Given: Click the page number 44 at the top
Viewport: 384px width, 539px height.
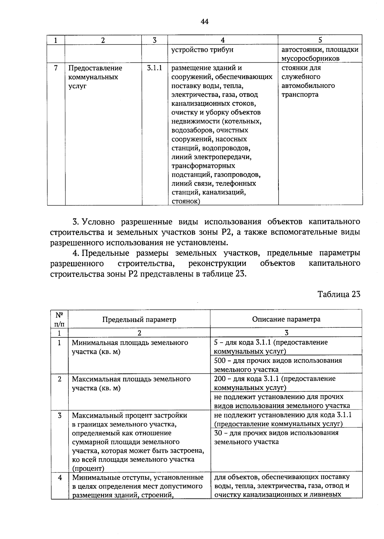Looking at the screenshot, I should pos(204,21).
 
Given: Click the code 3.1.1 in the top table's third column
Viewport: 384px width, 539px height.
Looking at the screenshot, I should pos(155,68).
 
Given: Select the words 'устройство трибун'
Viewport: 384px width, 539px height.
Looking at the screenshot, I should pos(202,50).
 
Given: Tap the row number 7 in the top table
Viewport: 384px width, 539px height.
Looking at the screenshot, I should pos(56,68).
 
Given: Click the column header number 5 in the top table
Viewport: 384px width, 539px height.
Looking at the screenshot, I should pos(320,40).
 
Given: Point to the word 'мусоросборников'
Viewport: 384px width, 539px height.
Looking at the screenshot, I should pos(310,59).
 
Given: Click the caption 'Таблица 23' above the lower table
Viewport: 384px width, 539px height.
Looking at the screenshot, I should pos(339,294).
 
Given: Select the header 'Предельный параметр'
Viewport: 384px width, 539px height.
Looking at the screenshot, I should pos(139,319).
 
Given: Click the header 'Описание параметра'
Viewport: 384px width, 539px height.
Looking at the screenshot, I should pos(286,319).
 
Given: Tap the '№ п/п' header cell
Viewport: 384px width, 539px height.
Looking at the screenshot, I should pos(59,319).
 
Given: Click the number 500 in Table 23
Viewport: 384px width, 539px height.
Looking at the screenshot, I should pos(220,361).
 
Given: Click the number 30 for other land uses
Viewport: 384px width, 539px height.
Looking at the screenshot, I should pos(218,433).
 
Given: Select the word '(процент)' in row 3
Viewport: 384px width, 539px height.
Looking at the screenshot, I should pos(88,469).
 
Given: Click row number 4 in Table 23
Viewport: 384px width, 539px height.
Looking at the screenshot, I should pos(60,478).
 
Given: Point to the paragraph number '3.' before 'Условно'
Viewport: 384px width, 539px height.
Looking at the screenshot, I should pos(76,222).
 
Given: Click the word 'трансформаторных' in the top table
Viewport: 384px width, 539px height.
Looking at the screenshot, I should pos(203,166).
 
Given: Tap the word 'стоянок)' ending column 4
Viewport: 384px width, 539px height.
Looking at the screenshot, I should pos(186,201).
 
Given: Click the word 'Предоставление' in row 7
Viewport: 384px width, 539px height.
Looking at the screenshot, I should pos(95,68).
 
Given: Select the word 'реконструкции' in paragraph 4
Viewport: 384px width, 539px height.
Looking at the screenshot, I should pos(217,263).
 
